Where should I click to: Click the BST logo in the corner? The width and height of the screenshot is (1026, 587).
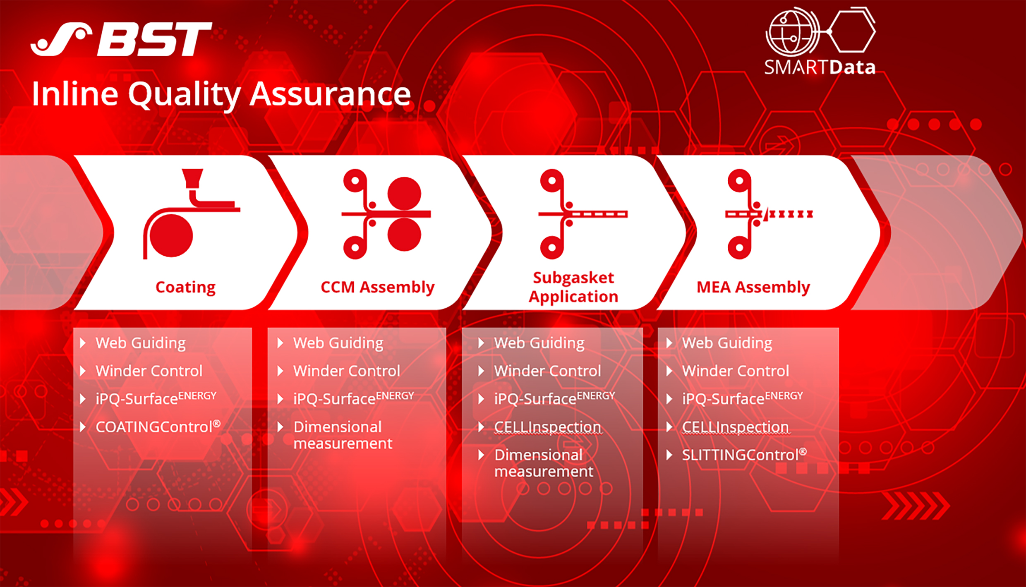[x=121, y=39]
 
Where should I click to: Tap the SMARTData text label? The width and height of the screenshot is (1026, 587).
[x=820, y=67]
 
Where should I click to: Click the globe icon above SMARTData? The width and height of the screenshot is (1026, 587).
[x=792, y=31]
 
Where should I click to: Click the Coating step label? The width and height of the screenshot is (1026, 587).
[x=185, y=287]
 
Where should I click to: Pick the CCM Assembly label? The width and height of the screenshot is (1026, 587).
[x=377, y=287]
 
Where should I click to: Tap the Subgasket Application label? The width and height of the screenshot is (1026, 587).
[x=573, y=287]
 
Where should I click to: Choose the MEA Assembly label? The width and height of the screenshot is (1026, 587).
[x=753, y=287]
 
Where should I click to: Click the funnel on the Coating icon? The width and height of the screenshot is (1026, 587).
[x=192, y=179]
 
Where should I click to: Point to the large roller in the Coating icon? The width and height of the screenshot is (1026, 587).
[x=171, y=235]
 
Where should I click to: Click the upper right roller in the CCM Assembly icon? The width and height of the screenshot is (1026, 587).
[x=404, y=194]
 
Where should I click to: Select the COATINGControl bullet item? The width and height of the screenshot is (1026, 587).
[x=158, y=426]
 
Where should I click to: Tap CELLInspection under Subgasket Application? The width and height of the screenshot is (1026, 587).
[x=548, y=427]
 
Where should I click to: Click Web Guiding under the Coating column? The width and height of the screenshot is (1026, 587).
[x=141, y=343]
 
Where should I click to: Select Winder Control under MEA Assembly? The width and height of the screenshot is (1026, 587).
[x=736, y=371]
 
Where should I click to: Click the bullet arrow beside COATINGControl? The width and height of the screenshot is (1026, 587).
[x=83, y=427]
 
